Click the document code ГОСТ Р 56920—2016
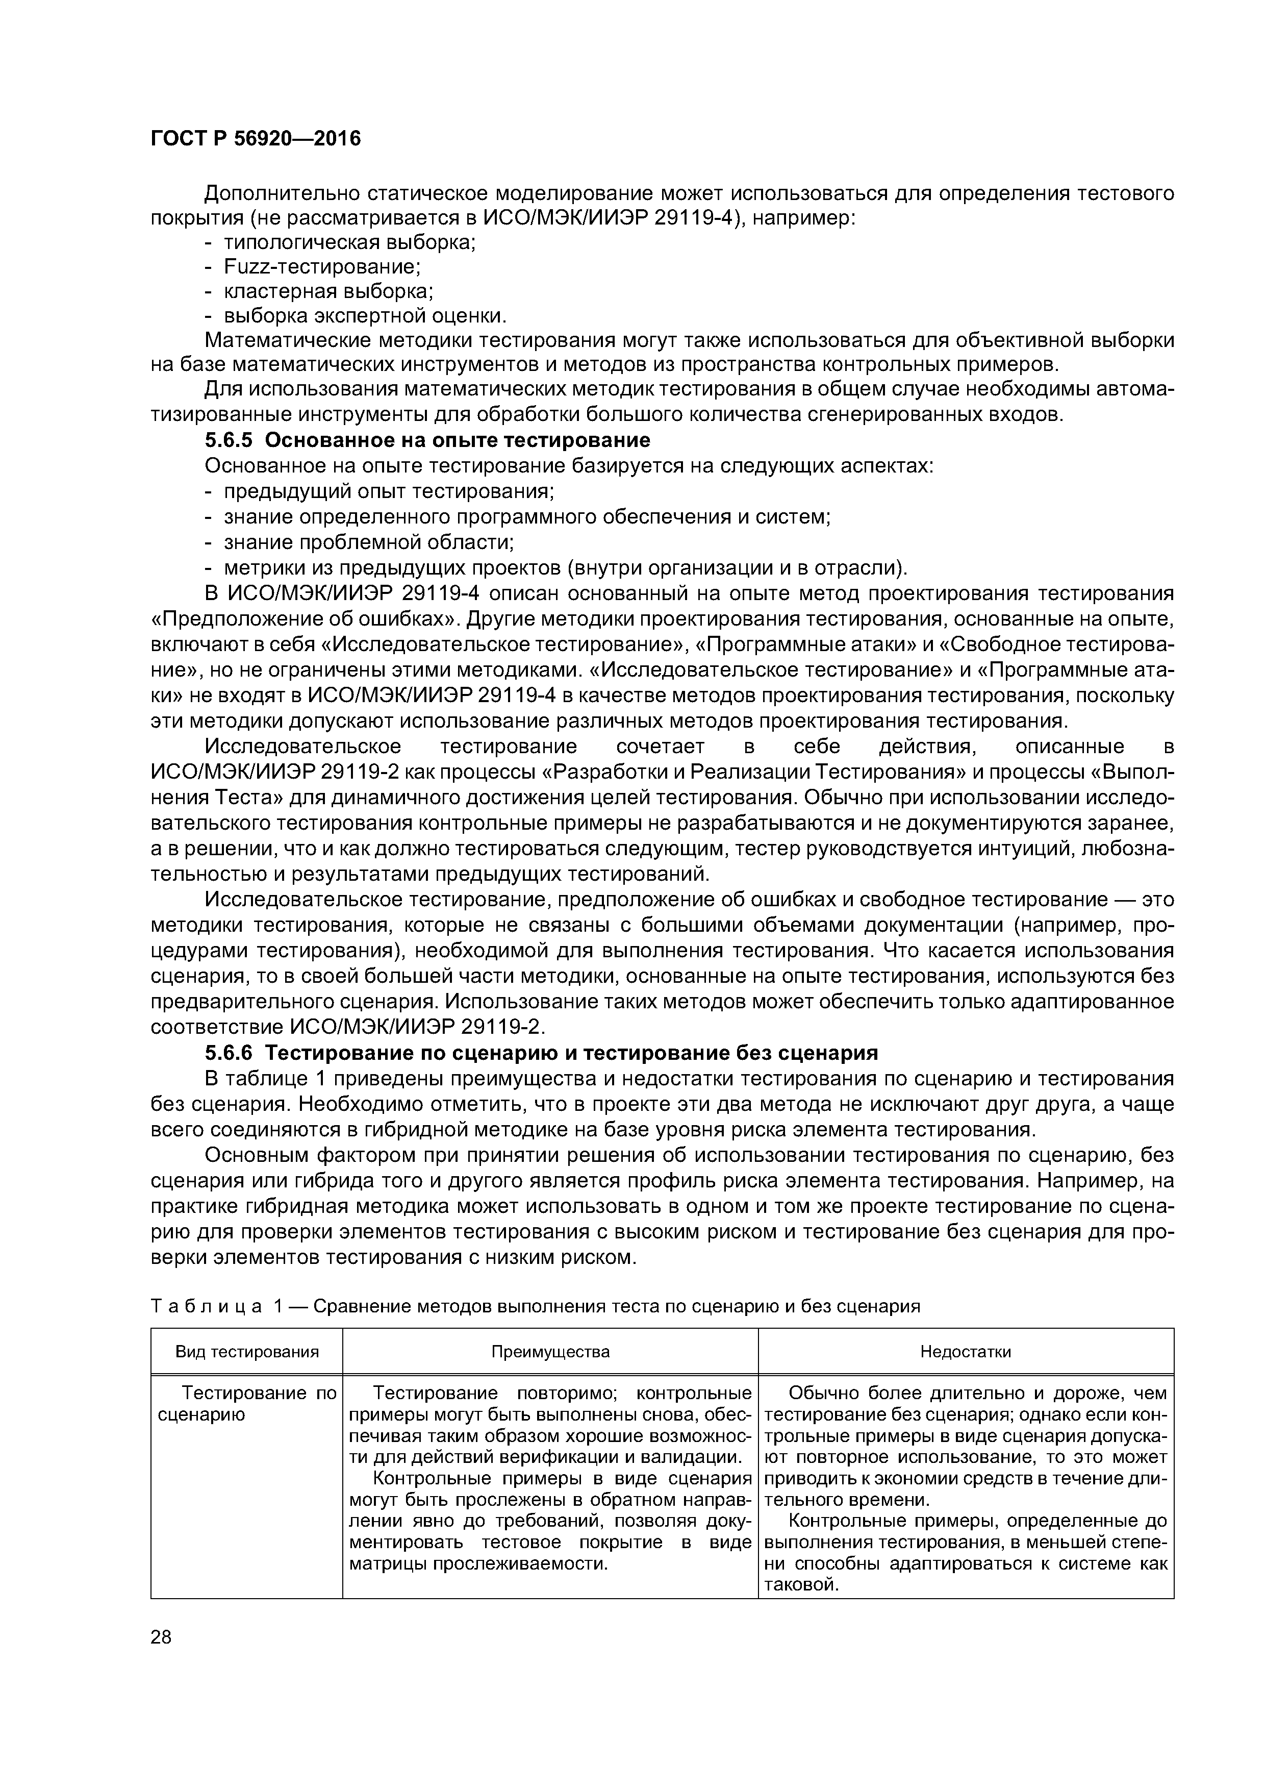[x=256, y=139]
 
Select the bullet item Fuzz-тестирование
[x=322, y=267]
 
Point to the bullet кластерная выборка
[x=328, y=291]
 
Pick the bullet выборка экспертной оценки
[x=365, y=316]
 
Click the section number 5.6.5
[x=231, y=440]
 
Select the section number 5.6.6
[x=230, y=1053]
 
